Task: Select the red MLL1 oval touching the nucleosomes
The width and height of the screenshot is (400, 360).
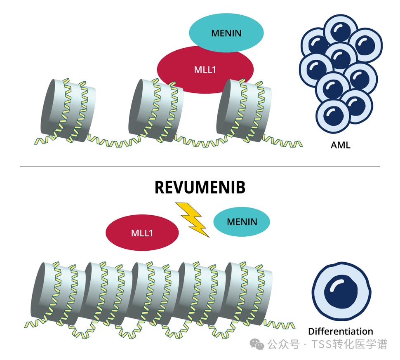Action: [205, 69]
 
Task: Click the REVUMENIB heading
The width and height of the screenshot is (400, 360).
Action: [200, 188]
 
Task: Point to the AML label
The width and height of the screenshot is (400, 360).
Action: [340, 145]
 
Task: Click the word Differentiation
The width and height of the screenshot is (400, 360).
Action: [340, 332]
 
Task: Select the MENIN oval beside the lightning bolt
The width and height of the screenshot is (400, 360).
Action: [242, 222]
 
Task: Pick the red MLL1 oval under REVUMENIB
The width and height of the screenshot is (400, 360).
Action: [142, 233]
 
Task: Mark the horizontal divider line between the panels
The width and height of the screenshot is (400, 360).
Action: [200, 167]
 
